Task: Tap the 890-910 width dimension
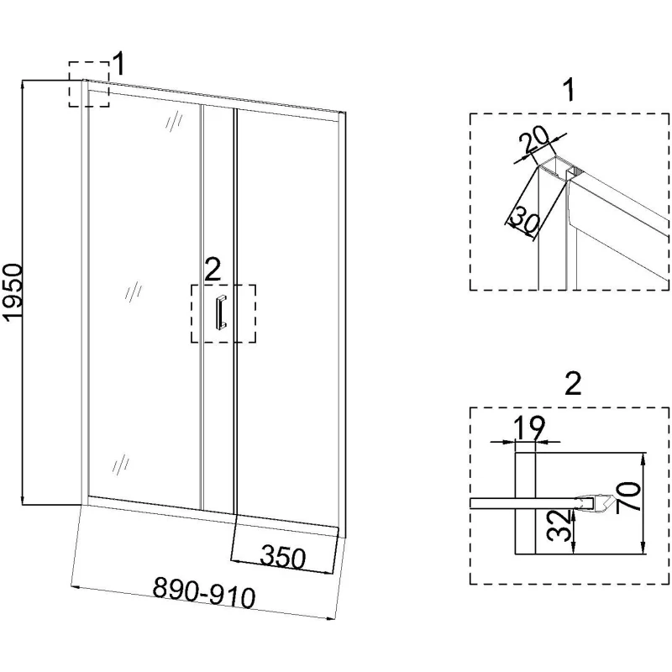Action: point(204,594)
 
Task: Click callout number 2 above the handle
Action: point(213,270)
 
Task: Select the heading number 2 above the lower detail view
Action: point(572,384)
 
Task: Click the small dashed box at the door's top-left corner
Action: point(88,84)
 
